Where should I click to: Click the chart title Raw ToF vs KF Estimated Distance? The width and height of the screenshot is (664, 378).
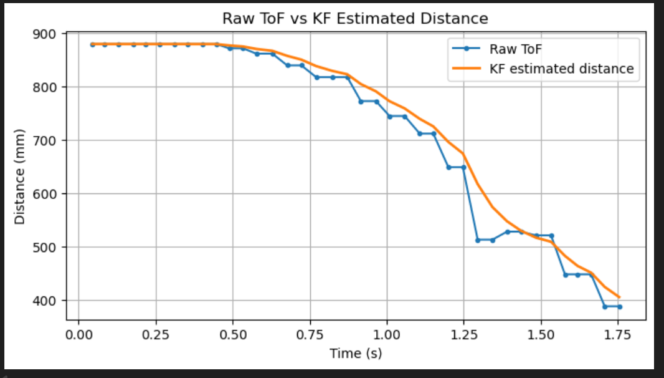pos(355,19)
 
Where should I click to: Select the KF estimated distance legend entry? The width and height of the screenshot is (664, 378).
pos(561,69)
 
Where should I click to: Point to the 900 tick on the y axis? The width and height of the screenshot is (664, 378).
pos(49,34)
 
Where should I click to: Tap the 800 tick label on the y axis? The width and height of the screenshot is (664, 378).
pos(49,87)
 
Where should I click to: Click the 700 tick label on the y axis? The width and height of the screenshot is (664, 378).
pos(49,140)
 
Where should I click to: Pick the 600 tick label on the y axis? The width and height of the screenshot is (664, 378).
pos(49,194)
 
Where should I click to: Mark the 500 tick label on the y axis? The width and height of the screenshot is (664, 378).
pos(49,247)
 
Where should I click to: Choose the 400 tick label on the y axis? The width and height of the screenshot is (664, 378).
pos(49,301)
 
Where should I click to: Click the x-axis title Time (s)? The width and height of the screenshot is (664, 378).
pos(355,354)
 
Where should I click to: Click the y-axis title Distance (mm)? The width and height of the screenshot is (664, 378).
pos(20,177)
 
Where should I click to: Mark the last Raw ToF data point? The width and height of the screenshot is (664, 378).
pos(619,306)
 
